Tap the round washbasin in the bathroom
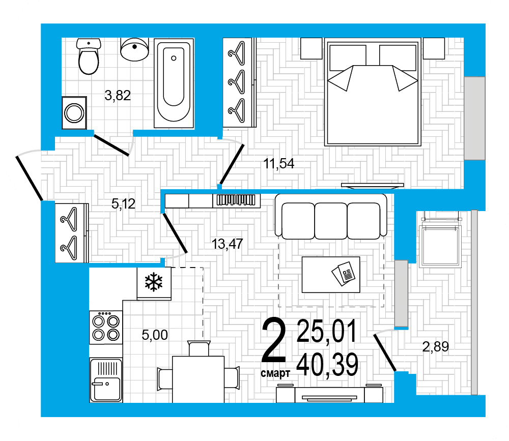(134, 49)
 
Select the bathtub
(174, 83)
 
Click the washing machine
(74, 112)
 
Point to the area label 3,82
(118, 96)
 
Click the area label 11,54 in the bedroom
(279, 164)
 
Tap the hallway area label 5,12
(123, 204)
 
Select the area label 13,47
(227, 244)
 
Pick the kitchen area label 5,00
(155, 335)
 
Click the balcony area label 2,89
(436, 347)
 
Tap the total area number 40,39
(327, 365)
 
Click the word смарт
(275, 373)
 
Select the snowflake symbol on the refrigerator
(154, 282)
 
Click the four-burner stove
(106, 327)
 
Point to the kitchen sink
(106, 379)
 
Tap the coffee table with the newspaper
(331, 275)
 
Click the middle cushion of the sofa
(331, 221)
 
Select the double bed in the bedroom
(373, 92)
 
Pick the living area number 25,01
(327, 331)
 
